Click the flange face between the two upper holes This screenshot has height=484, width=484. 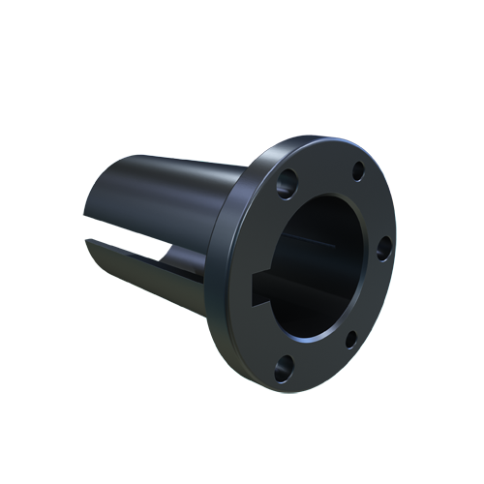[324, 165]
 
